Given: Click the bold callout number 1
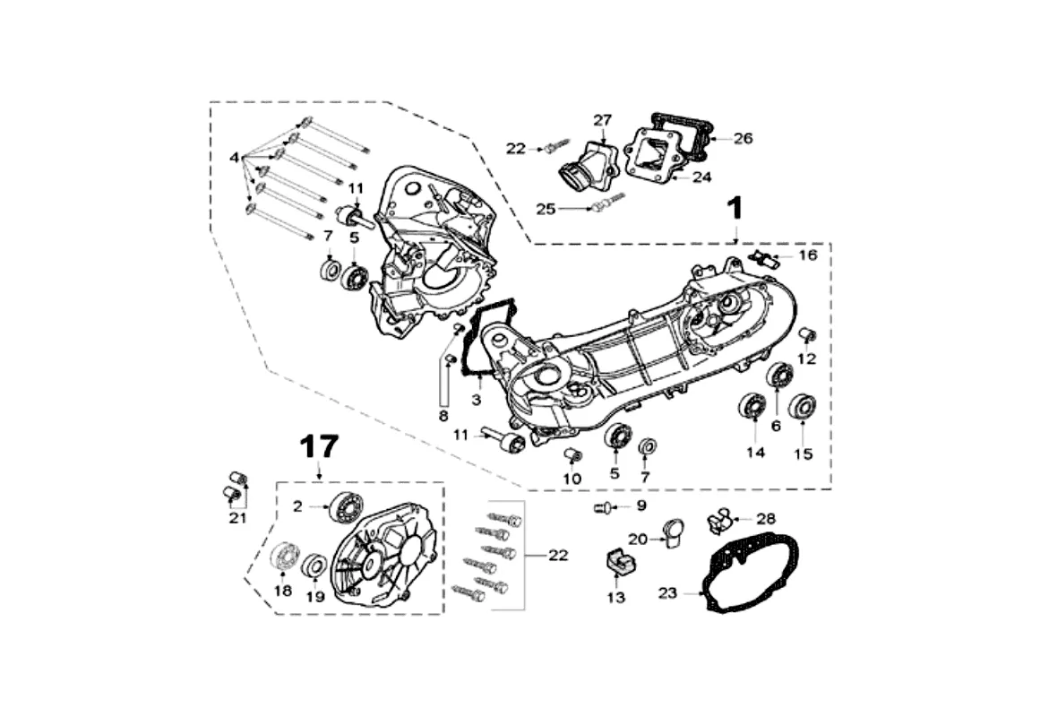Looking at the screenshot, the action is [735, 208].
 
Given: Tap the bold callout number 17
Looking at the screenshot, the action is [319, 446].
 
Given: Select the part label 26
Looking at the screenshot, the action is [744, 139].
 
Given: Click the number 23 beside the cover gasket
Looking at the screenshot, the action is [667, 593].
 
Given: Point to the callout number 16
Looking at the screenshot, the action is [808, 255].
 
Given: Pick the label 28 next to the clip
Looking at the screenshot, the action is [766, 519].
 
